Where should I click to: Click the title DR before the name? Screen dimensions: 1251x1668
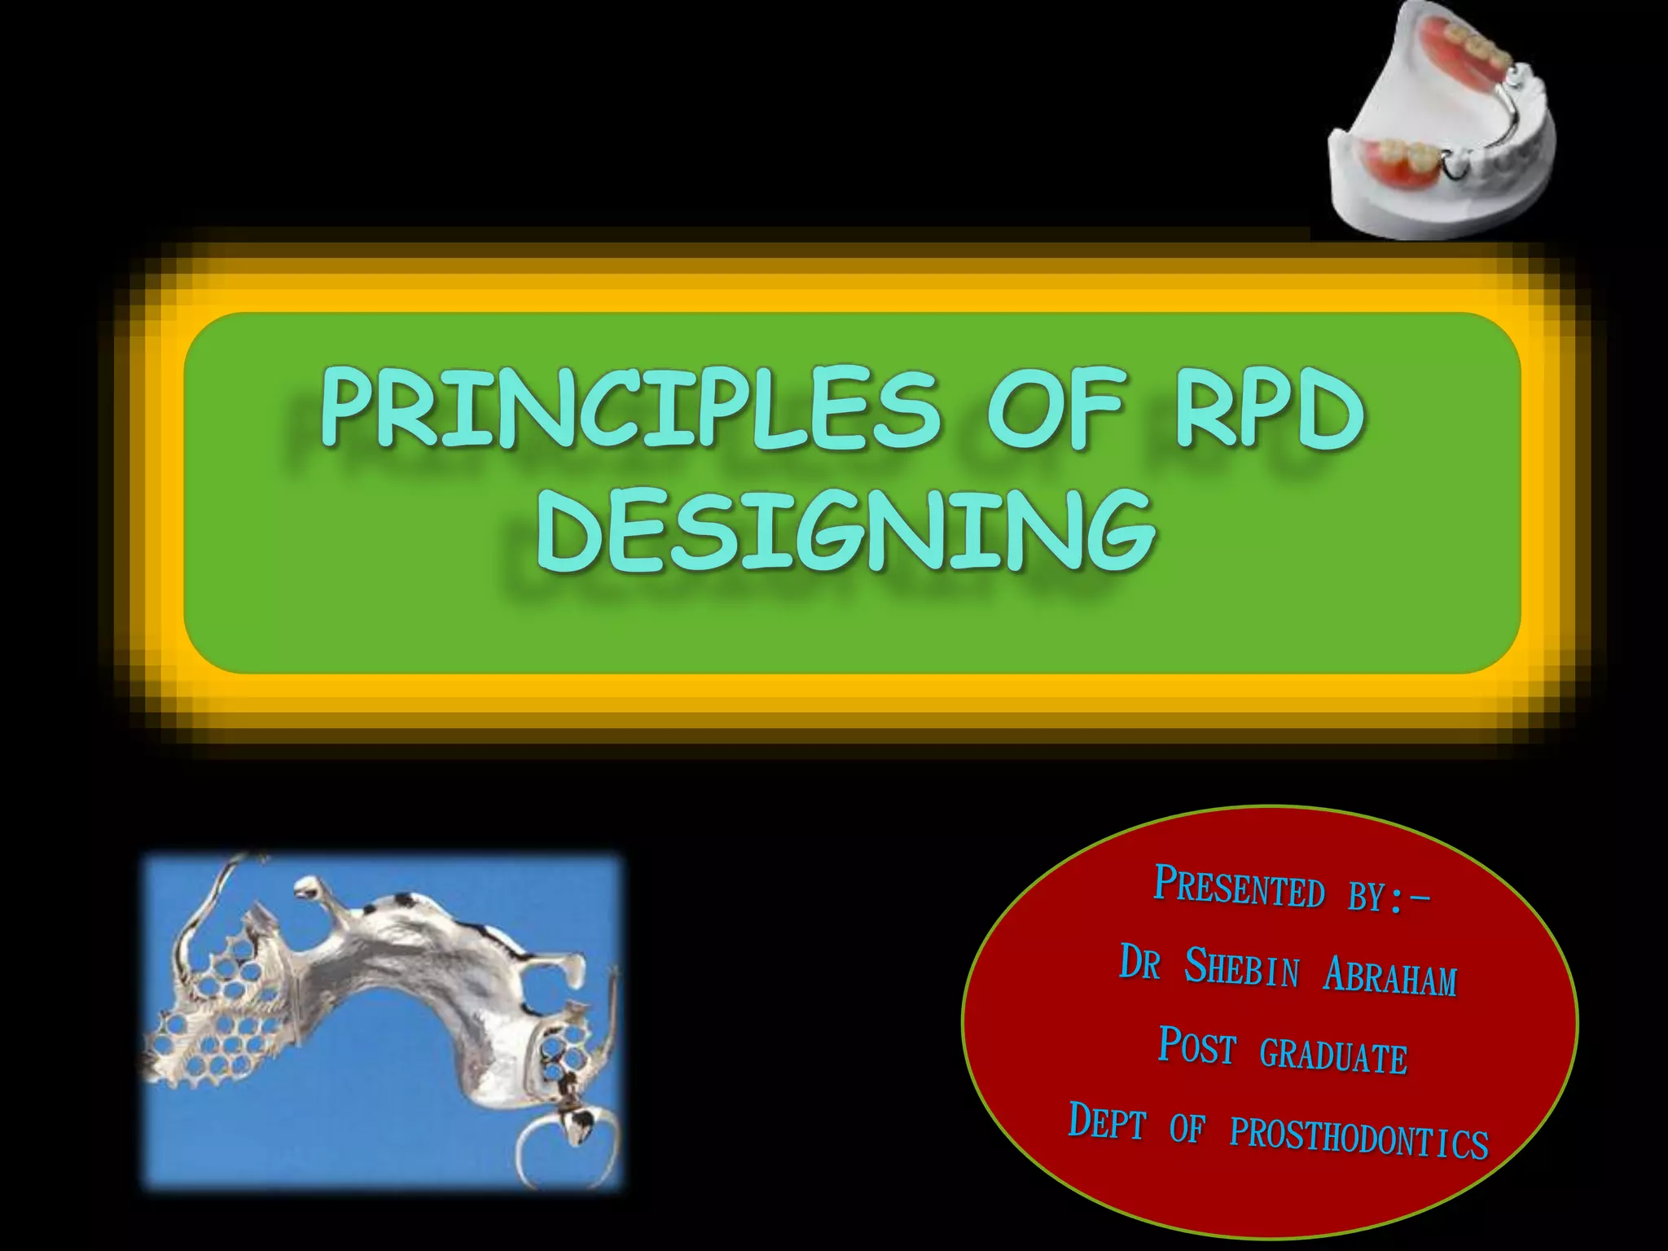pyautogui.click(x=1139, y=963)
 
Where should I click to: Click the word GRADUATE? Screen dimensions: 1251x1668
pyautogui.click(x=1333, y=1055)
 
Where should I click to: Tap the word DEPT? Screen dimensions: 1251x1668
pyautogui.click(x=1106, y=1122)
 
